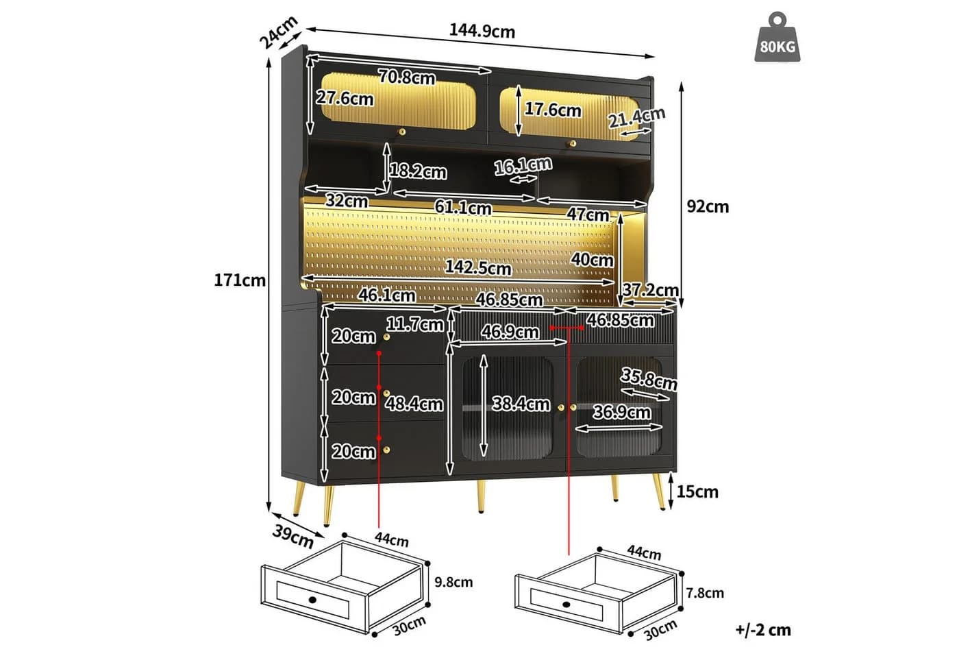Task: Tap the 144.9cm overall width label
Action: (482, 32)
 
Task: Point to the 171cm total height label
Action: (240, 280)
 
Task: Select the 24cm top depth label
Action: (279, 32)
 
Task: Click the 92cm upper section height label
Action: (708, 206)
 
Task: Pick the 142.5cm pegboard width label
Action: (478, 268)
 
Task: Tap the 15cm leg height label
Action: (697, 491)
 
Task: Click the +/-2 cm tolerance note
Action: (763, 630)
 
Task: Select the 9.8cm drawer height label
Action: (453, 582)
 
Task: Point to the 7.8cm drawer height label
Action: (705, 593)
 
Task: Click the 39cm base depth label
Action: (293, 536)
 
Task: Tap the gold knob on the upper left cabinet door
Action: (402, 132)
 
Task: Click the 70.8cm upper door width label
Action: (407, 77)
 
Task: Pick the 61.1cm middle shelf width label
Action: (463, 208)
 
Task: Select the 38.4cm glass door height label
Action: (521, 404)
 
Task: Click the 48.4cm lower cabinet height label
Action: (414, 404)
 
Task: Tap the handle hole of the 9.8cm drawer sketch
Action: (313, 599)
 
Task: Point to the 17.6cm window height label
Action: (553, 110)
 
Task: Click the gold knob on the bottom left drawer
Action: (386, 450)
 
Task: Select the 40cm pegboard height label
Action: (592, 260)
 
